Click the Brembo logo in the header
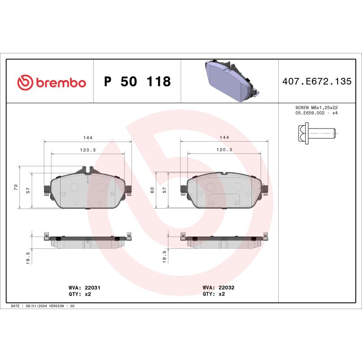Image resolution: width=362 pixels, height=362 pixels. click(51, 82)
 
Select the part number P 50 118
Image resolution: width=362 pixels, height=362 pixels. click(137, 82)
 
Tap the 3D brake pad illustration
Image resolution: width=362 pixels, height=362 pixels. click(229, 81)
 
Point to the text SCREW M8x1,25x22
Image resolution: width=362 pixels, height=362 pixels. click(316, 108)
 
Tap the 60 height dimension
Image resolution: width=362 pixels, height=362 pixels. click(152, 190)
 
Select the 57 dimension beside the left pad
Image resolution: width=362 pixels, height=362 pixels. click(29, 191)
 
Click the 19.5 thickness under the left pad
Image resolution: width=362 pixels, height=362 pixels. click(29, 258)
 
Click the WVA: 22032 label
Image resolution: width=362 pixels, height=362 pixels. click(219, 287)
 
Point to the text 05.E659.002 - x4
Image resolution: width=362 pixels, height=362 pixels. click(316, 113)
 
